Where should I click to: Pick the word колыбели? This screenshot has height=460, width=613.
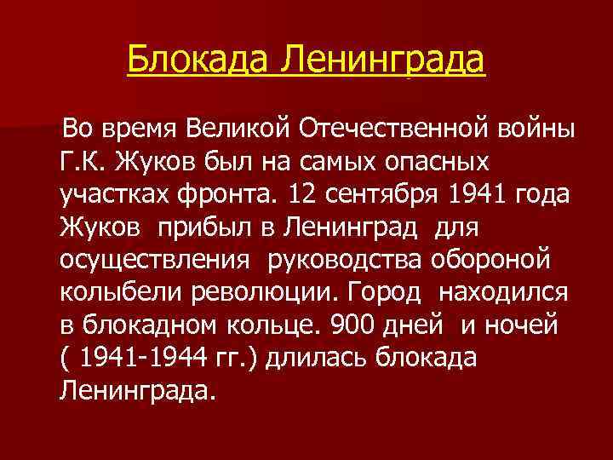tap(106, 291)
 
